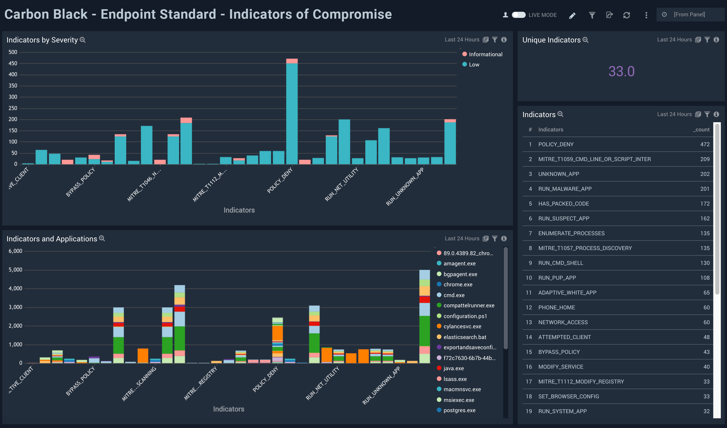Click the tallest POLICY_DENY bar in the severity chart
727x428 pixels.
coord(292,113)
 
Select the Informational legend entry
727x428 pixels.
coord(485,54)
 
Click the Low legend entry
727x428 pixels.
coord(474,65)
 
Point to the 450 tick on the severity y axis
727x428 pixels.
coord(13,63)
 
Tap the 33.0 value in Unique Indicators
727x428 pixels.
coord(621,71)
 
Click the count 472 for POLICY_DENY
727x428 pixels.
coord(705,144)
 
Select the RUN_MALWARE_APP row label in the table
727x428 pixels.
coord(565,189)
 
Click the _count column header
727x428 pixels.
coord(701,130)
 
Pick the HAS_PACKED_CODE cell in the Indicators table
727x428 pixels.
coord(564,204)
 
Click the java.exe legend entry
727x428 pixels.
coord(453,368)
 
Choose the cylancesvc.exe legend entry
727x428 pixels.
coord(462,326)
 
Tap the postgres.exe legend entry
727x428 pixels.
coord(459,410)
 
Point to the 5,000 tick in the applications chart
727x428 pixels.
coord(15,270)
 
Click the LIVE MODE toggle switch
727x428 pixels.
coord(518,15)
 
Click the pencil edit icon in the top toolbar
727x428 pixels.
coord(572,15)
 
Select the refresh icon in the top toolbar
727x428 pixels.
coord(626,15)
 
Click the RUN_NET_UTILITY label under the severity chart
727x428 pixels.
coord(342,185)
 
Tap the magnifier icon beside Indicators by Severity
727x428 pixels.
coord(83,40)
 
